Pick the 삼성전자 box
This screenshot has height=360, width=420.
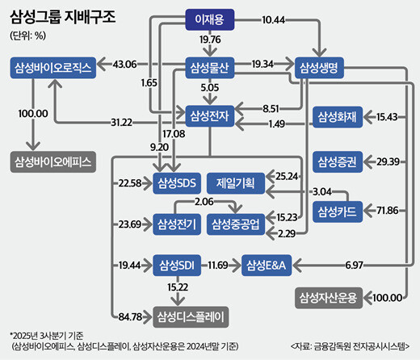tap(209, 117)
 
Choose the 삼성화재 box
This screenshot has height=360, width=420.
tap(339, 117)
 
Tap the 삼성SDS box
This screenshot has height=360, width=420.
tap(176, 182)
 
